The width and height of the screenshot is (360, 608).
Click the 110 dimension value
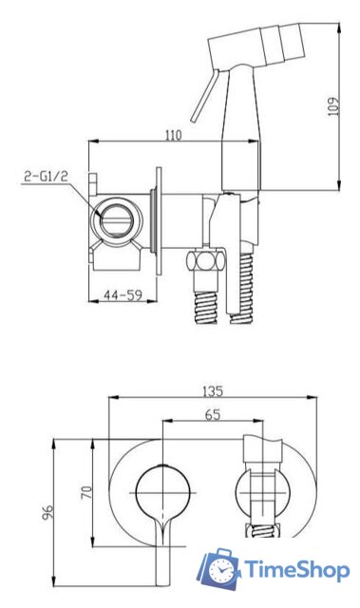(174, 135)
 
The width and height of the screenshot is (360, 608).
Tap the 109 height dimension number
(333, 106)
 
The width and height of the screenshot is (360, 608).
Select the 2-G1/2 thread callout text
(47, 177)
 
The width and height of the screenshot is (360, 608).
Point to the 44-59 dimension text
(123, 295)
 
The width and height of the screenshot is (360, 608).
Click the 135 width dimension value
(213, 391)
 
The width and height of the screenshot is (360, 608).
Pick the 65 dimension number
(213, 414)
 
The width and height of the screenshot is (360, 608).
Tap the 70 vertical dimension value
(86, 492)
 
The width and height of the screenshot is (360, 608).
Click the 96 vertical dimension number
(47, 511)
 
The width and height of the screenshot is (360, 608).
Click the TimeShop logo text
(296, 570)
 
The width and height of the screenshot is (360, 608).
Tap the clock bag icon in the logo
(219, 569)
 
